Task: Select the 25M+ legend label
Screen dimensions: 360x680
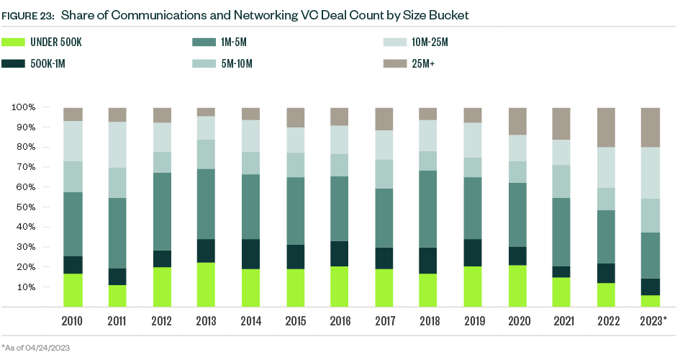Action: click(x=423, y=65)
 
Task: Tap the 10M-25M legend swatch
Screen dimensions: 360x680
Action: click(x=394, y=43)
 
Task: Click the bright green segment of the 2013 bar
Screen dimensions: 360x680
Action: click(x=207, y=284)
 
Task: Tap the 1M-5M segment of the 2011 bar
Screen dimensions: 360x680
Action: click(x=117, y=233)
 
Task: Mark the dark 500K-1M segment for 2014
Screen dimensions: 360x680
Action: click(x=251, y=254)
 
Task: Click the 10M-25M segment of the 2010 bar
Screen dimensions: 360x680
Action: click(x=73, y=141)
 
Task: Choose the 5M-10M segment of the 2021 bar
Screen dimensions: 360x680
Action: click(x=561, y=181)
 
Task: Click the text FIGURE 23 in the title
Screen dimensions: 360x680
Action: click(x=30, y=15)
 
